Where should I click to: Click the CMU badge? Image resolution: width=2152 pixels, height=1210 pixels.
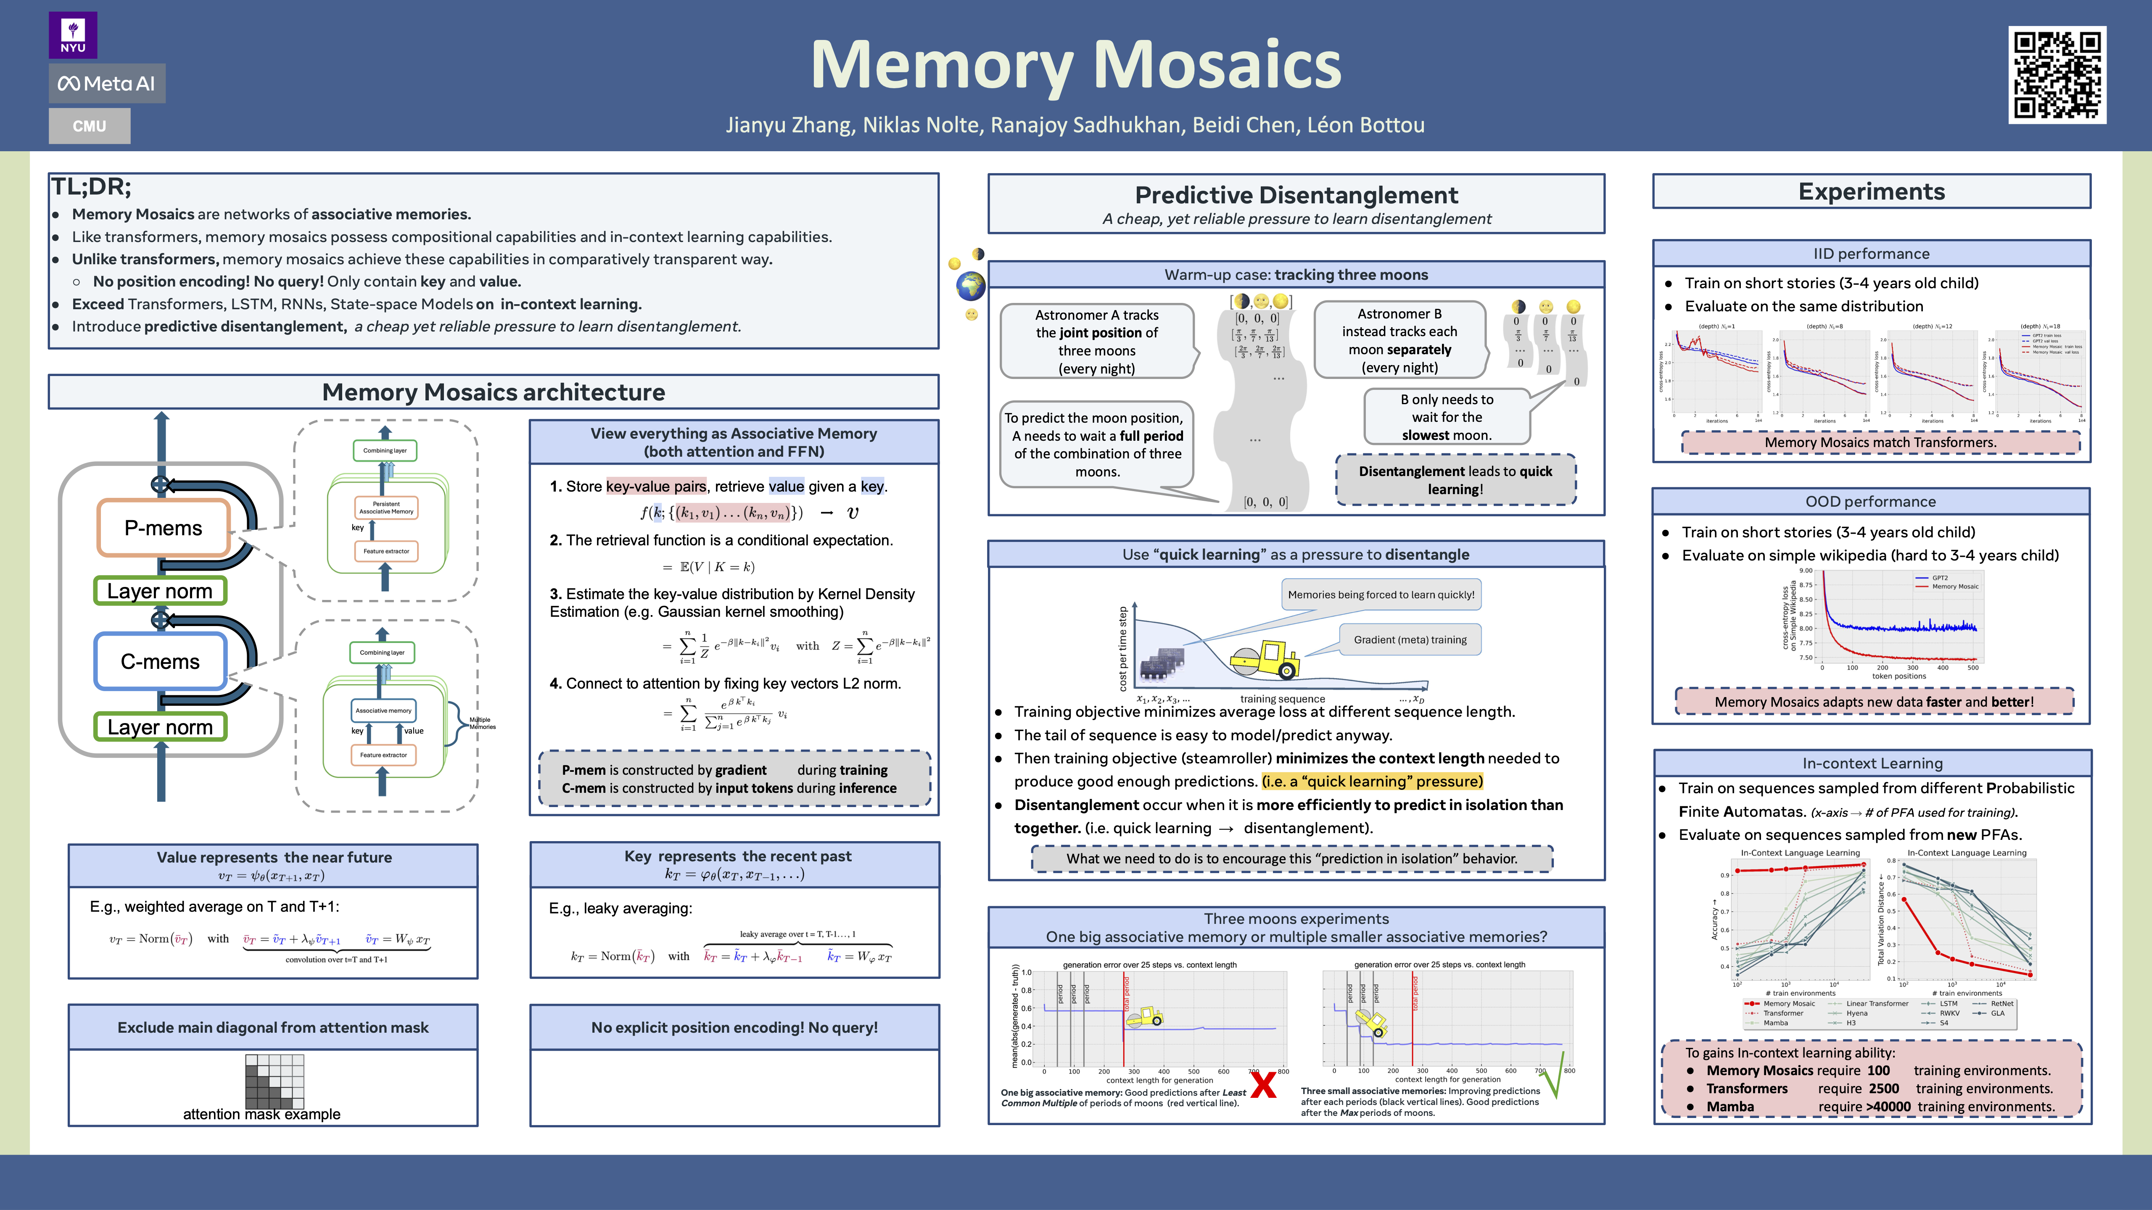coord(90,126)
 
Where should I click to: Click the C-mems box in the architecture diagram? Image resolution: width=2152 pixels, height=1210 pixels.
coord(161,661)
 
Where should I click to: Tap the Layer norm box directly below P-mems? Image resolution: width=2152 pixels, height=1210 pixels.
coord(160,591)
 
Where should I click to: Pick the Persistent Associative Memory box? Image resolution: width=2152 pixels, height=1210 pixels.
coord(386,508)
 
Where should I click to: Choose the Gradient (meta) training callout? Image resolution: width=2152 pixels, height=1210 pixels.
coord(1410,639)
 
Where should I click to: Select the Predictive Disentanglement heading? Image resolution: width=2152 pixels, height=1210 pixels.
coord(1296,195)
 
